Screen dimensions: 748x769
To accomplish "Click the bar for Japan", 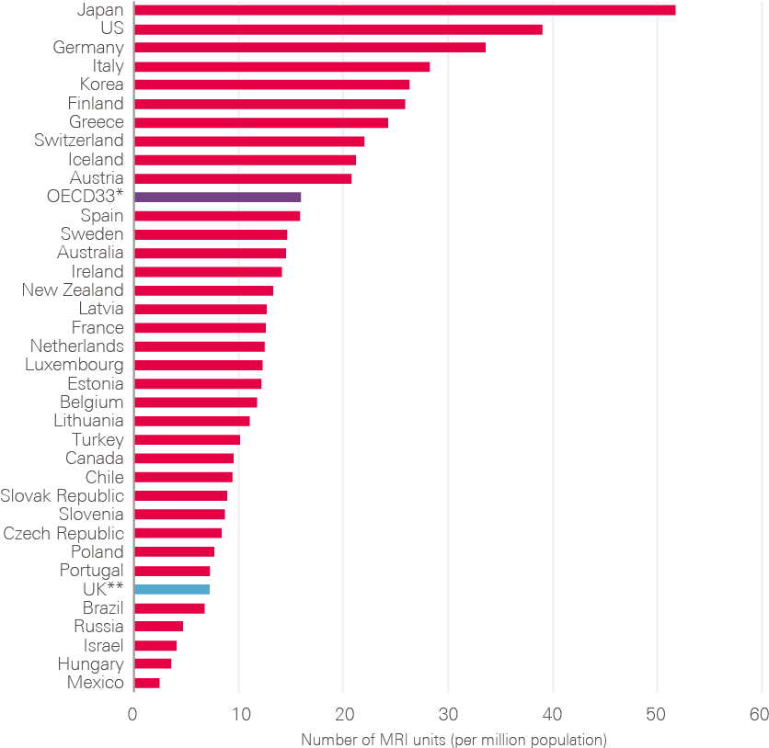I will pos(405,10).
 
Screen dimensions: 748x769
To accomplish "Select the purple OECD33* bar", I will pos(217,197).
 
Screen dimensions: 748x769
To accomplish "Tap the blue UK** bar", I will pos(172,589).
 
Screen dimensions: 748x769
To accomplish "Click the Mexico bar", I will pos(147,683).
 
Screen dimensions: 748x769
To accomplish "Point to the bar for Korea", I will pos(271,85).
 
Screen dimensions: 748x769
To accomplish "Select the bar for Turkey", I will pos(187,440).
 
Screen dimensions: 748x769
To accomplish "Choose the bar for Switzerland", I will pos(249,141).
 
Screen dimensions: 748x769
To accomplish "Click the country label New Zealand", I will pos(73,290).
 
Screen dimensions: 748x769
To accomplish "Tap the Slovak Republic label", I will pos(62,496).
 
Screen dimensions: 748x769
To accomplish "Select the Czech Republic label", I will pos(63,534).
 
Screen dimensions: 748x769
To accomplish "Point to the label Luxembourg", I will pos(74,365).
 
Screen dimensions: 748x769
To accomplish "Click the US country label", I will pos(111,28).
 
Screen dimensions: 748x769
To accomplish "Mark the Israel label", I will pos(103,645).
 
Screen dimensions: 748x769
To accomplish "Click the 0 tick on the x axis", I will pos(133,715).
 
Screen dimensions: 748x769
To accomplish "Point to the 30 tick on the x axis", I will pos(448,715).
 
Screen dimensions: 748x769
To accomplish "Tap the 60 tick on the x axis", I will pos(759,715).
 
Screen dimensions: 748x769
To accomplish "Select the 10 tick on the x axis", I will pos(238,715).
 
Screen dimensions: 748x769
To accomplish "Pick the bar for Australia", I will pos(210,253).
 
